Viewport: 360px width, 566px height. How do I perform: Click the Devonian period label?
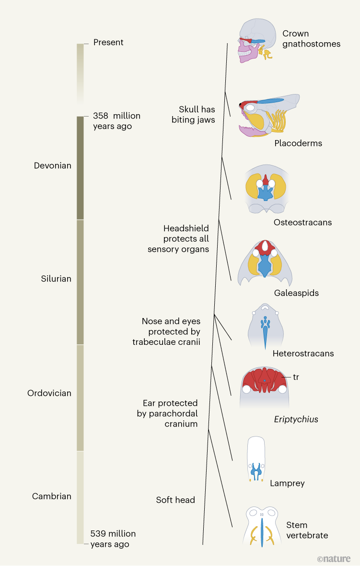coord(52,165)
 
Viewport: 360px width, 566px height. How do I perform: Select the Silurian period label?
coord(56,279)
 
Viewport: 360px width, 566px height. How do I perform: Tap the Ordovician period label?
coord(49,393)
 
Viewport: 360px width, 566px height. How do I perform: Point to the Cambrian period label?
coord(52,496)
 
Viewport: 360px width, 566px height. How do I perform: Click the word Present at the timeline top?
coord(108,42)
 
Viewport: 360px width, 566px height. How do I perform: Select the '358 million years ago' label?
coord(116,121)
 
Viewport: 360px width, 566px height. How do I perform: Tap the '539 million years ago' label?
coord(113,539)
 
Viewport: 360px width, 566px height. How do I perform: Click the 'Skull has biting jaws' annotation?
coord(193,115)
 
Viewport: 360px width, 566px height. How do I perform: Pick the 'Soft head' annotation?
coord(175,500)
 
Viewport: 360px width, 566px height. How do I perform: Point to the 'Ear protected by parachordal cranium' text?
coord(167,413)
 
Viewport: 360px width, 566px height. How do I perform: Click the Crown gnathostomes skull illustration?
coord(257,41)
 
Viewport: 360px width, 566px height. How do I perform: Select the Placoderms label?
coord(298,143)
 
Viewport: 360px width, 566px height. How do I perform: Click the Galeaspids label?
coord(296,293)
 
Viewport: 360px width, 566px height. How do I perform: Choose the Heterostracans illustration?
coord(265,326)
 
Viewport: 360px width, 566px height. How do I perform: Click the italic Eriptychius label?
coord(296,419)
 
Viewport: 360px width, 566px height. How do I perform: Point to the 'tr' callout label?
coord(296,377)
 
